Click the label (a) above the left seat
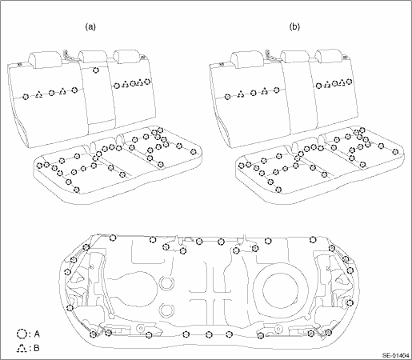point(90,27)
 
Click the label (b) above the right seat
point(294,27)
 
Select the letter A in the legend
point(37,334)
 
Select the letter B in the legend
point(37,348)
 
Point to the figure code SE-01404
point(396,355)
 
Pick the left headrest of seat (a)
point(46,59)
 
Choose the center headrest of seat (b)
point(294,58)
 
